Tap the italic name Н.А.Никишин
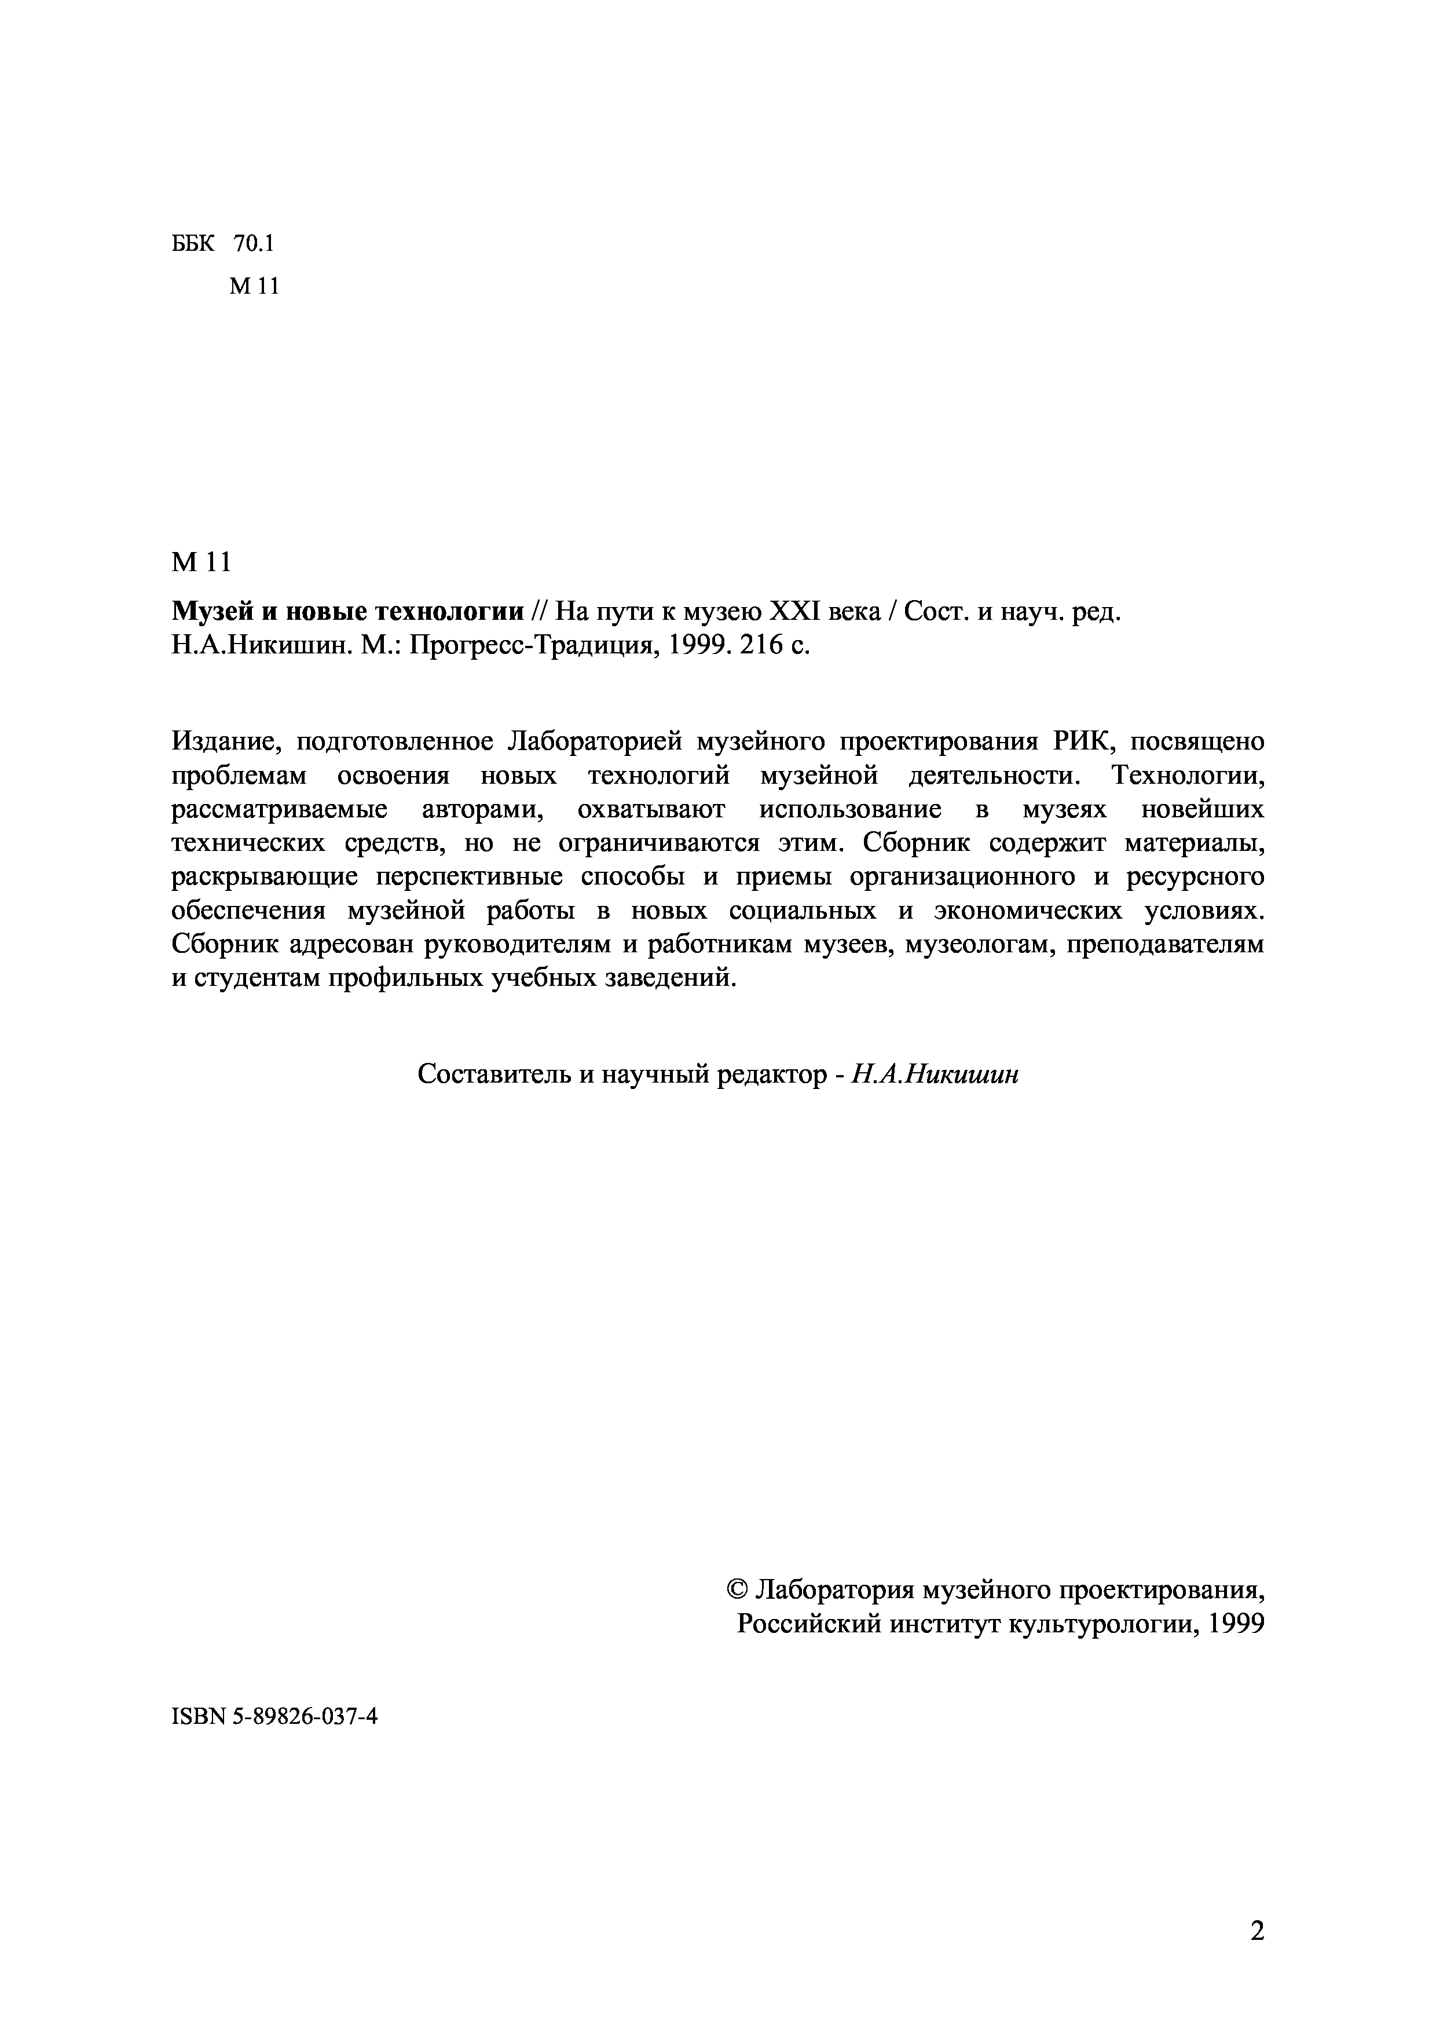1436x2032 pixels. [x=935, y=1075]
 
